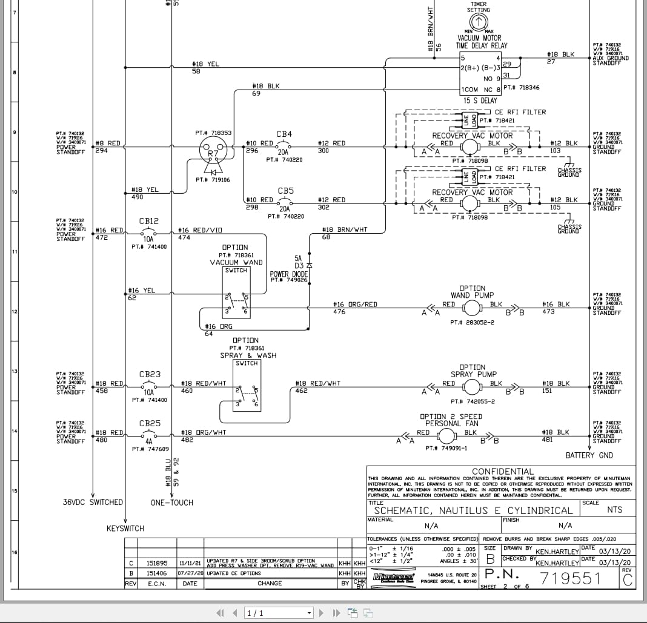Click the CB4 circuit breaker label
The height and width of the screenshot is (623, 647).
(284, 134)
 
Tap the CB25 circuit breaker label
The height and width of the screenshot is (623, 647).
(149, 423)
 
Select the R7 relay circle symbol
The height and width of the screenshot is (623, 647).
(213, 148)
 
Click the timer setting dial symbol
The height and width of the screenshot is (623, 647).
(478, 22)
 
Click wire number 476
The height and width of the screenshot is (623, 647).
(339, 312)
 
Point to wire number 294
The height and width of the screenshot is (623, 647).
(101, 151)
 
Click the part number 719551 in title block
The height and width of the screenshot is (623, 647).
(569, 579)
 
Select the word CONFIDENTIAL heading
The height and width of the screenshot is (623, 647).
(503, 472)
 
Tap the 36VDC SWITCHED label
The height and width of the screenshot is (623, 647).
(93, 503)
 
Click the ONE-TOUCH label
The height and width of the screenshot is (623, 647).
(171, 503)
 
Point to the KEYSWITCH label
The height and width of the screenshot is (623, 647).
(125, 529)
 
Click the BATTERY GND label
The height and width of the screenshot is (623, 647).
(589, 455)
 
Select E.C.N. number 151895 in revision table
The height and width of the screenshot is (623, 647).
(156, 563)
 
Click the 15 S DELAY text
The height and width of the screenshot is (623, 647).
(480, 101)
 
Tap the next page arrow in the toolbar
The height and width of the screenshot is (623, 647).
(321, 613)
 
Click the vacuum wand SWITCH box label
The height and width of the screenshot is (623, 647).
(236, 271)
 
